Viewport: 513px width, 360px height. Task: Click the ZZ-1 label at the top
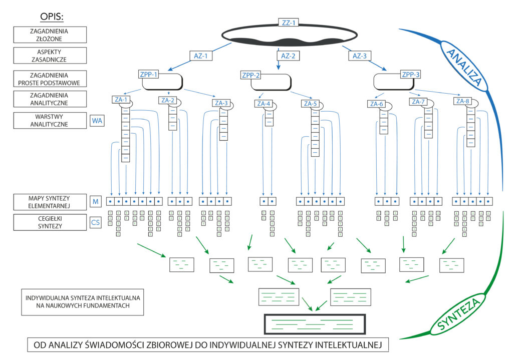click(288, 23)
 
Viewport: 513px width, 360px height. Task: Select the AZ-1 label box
click(201, 56)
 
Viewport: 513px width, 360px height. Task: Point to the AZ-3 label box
click(360, 56)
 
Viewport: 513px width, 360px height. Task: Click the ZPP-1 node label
click(148, 75)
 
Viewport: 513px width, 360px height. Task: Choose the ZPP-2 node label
click(250, 76)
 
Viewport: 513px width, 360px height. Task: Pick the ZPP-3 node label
click(411, 75)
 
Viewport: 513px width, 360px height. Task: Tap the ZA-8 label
click(463, 101)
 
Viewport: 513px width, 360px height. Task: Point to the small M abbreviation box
click(95, 201)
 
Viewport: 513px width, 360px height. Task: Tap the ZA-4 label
click(264, 104)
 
